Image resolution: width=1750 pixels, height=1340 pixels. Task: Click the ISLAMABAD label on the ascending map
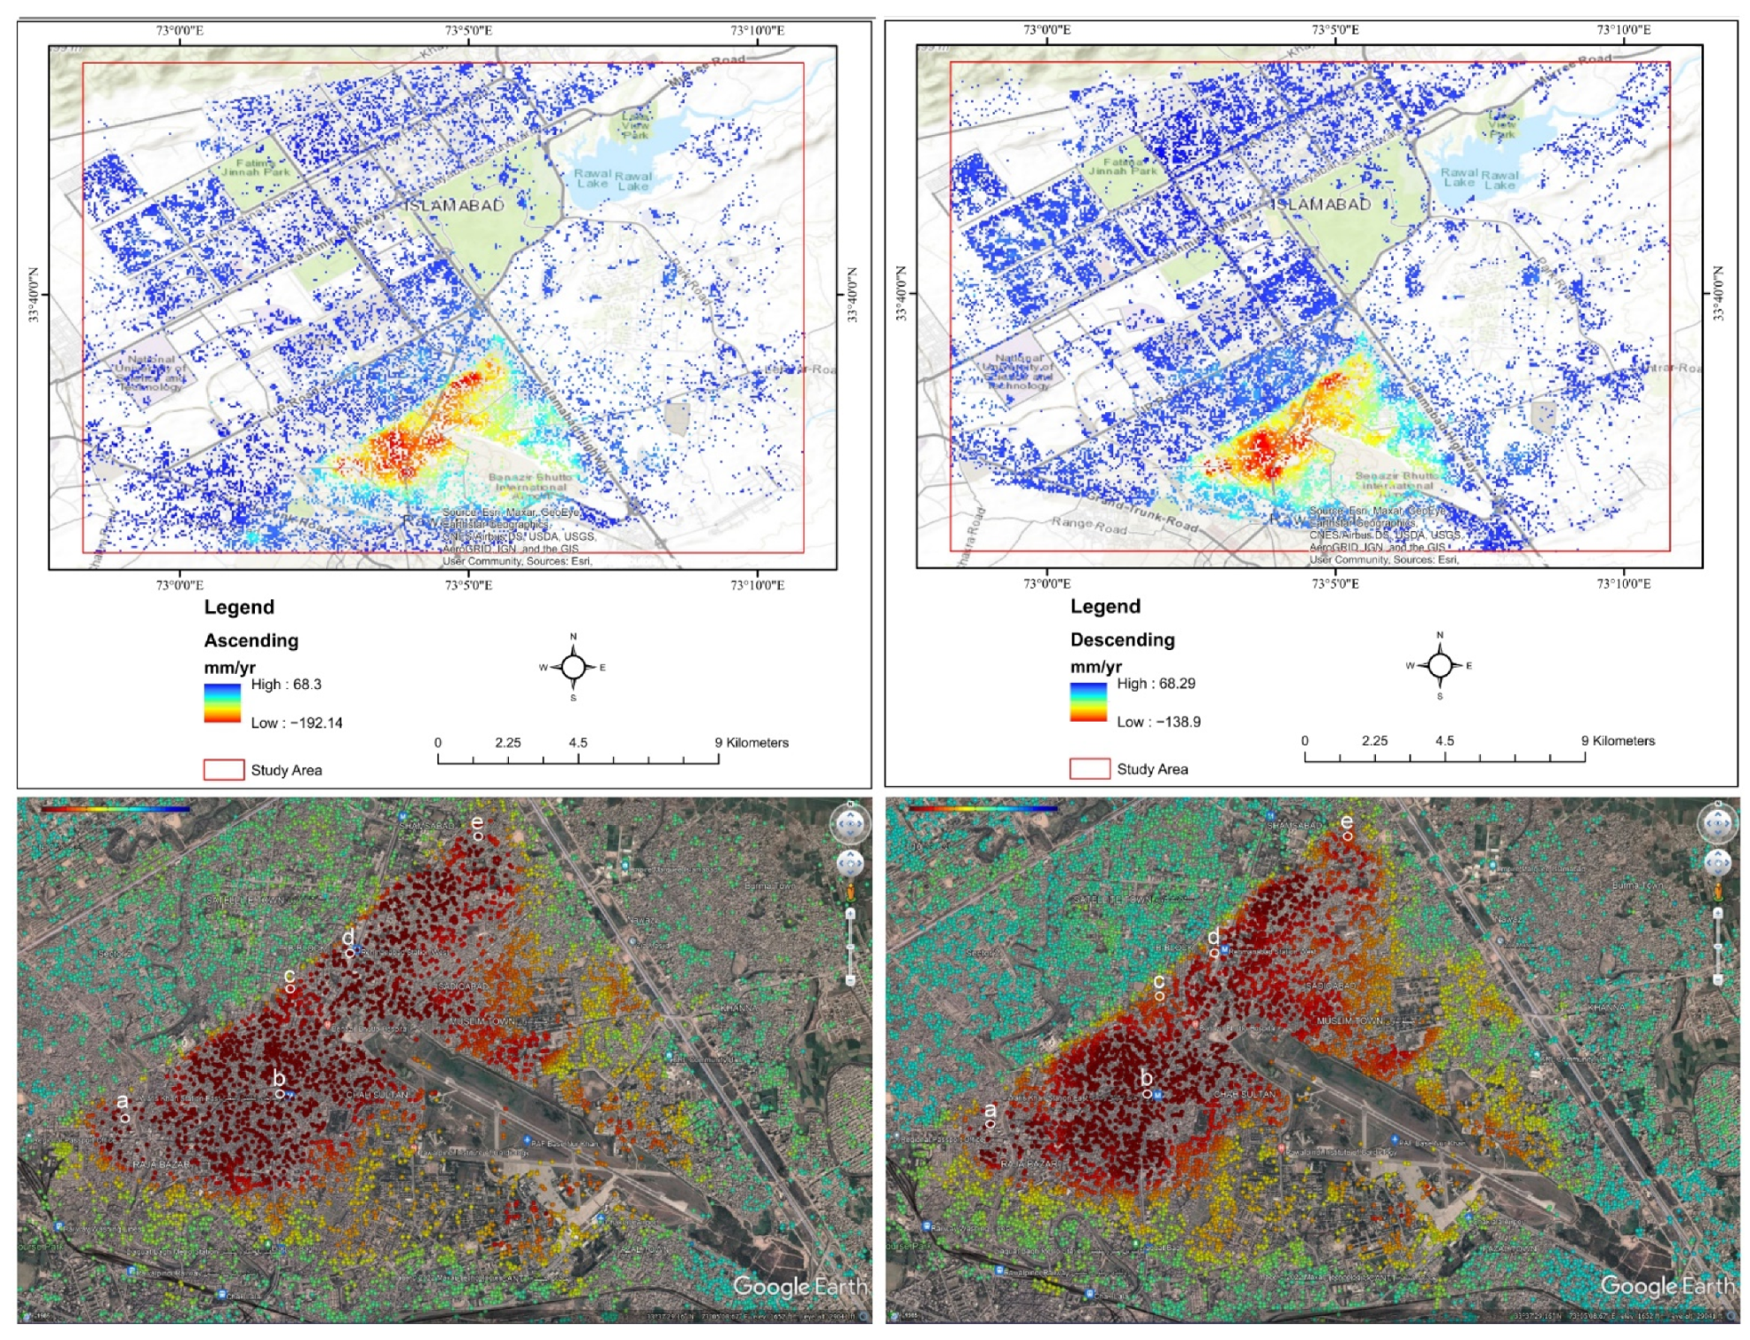coord(454,206)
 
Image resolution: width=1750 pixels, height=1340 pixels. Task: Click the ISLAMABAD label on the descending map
coord(1321,205)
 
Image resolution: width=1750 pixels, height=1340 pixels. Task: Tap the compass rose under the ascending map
coord(573,667)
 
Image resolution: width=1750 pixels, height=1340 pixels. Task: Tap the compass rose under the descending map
coord(1440,665)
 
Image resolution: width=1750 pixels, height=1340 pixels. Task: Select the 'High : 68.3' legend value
coord(286,685)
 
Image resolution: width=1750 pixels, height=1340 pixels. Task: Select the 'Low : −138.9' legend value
coord(1158,722)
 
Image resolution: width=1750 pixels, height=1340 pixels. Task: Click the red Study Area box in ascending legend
coord(224,769)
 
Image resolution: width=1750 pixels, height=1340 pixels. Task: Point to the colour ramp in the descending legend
coord(1088,702)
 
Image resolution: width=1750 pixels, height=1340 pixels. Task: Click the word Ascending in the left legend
coord(251,640)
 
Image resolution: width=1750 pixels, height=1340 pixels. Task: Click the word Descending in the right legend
coord(1122,640)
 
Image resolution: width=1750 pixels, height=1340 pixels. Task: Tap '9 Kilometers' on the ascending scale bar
coord(752,743)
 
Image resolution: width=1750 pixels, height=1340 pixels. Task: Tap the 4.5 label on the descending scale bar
coord(1444,741)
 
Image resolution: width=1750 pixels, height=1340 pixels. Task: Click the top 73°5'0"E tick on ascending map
coord(468,31)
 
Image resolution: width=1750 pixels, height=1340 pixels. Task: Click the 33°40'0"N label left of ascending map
coord(34,295)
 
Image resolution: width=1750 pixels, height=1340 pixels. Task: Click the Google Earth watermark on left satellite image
coord(798,1286)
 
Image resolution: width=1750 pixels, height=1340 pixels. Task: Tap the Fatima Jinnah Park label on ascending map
coord(255,168)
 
